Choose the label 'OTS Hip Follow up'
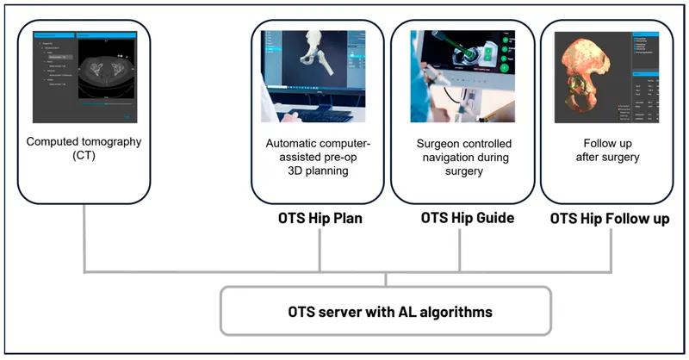610,219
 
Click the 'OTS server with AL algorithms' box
385,310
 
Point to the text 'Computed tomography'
84,141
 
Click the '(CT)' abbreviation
84,157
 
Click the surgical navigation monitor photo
461,77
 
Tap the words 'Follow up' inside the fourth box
610,141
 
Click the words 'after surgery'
610,157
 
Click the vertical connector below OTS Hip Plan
320,250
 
